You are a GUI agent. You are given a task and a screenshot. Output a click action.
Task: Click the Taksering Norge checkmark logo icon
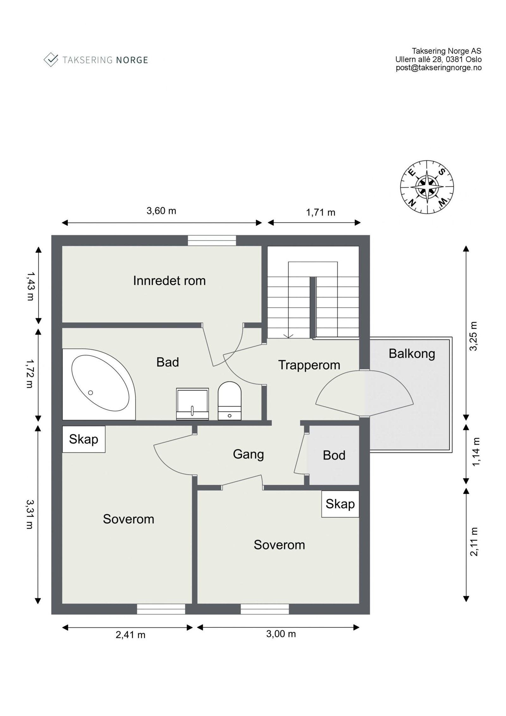click(51, 59)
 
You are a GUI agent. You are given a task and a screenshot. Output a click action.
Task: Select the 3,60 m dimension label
click(161, 211)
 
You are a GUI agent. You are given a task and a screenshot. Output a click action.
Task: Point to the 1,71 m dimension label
click(320, 212)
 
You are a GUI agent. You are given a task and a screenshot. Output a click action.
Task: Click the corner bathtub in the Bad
click(99, 384)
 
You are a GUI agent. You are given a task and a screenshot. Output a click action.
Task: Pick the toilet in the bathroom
click(229, 401)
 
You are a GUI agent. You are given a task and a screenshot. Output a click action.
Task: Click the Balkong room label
click(412, 354)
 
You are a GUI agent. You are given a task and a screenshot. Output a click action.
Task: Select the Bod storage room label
click(334, 455)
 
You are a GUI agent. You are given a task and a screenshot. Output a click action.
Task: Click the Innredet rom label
click(169, 281)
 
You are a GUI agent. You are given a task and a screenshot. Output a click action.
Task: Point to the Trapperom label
click(309, 365)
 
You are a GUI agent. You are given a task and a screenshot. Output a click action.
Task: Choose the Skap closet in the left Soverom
click(83, 439)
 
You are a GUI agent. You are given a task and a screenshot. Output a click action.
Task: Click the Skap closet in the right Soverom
click(340, 504)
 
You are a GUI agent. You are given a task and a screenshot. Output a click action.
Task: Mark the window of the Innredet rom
click(212, 240)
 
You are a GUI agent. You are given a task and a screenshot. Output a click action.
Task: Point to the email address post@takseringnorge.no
click(439, 67)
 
